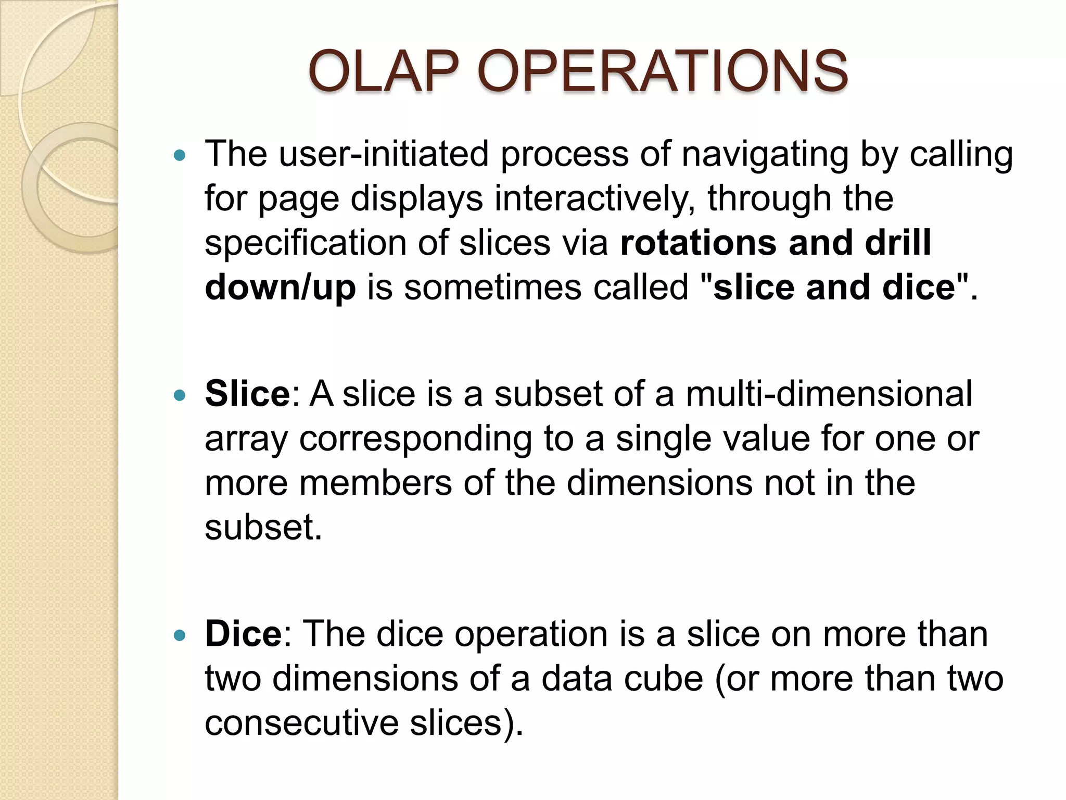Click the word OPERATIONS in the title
[x=662, y=71]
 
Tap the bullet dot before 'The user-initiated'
[x=180, y=155]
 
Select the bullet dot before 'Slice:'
[x=180, y=395]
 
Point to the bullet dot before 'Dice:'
[x=180, y=635]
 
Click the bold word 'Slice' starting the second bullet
[x=247, y=394]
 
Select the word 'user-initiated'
[x=384, y=154]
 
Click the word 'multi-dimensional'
[x=829, y=394]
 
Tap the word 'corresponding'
[x=415, y=439]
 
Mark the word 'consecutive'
[x=301, y=723]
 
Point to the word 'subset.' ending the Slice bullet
[x=263, y=528]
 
